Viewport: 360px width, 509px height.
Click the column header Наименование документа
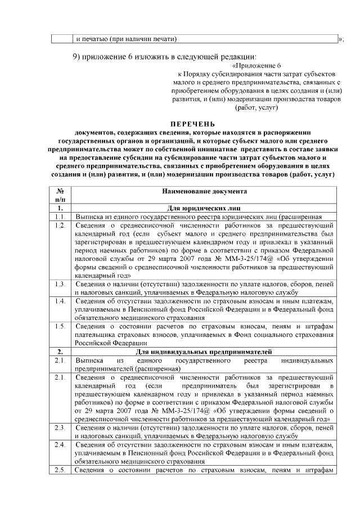[204, 191]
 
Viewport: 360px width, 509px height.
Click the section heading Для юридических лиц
[204, 208]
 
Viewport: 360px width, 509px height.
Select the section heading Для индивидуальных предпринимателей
[204, 352]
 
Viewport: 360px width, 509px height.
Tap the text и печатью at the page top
[93, 39]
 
